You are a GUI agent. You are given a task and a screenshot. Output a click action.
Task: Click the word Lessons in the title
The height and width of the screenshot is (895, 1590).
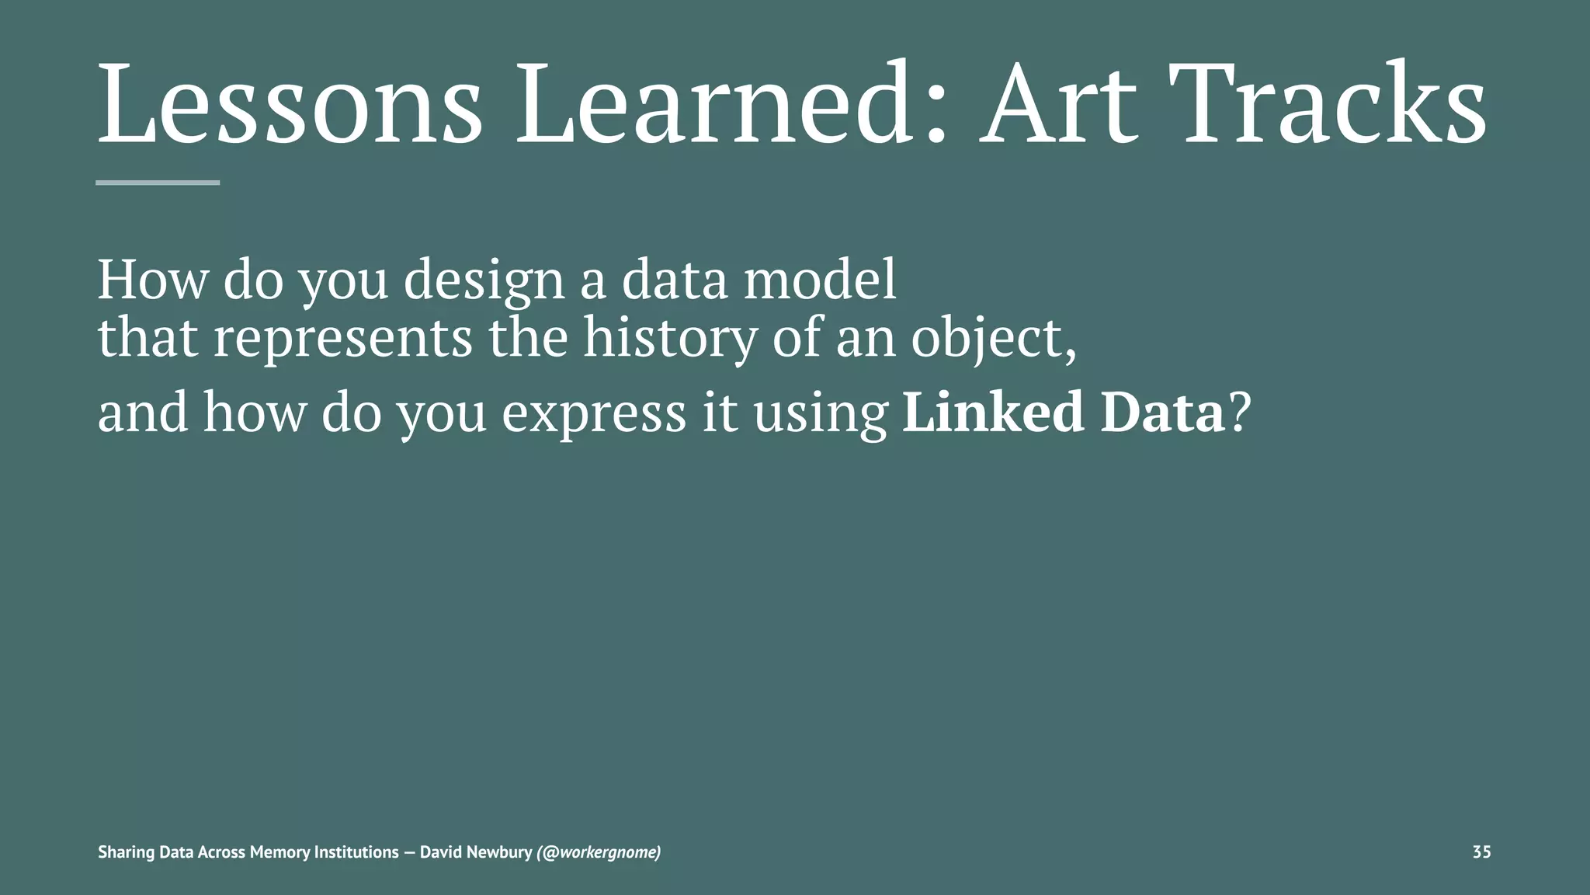pos(290,105)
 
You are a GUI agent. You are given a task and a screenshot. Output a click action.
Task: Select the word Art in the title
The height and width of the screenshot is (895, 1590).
pos(1058,105)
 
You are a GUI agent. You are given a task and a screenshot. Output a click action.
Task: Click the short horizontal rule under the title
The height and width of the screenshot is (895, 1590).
pos(158,183)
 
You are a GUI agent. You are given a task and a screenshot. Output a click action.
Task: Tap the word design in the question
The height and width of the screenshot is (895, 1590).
pos(484,281)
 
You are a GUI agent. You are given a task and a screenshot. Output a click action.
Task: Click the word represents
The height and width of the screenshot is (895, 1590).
pos(342,340)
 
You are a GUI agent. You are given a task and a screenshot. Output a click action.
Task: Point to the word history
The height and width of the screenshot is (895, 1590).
pos(669,340)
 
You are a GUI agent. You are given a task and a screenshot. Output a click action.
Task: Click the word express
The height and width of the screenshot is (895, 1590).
pos(594,413)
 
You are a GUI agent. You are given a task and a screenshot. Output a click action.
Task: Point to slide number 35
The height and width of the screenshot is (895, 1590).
pos(1481,852)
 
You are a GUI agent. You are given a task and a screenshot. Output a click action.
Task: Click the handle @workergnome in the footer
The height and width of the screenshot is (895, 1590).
pos(599,852)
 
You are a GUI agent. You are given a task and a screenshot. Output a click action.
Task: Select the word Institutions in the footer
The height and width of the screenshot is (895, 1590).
pos(357,852)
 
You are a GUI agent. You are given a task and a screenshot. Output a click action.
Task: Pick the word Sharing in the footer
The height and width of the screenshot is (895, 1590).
pos(127,852)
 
